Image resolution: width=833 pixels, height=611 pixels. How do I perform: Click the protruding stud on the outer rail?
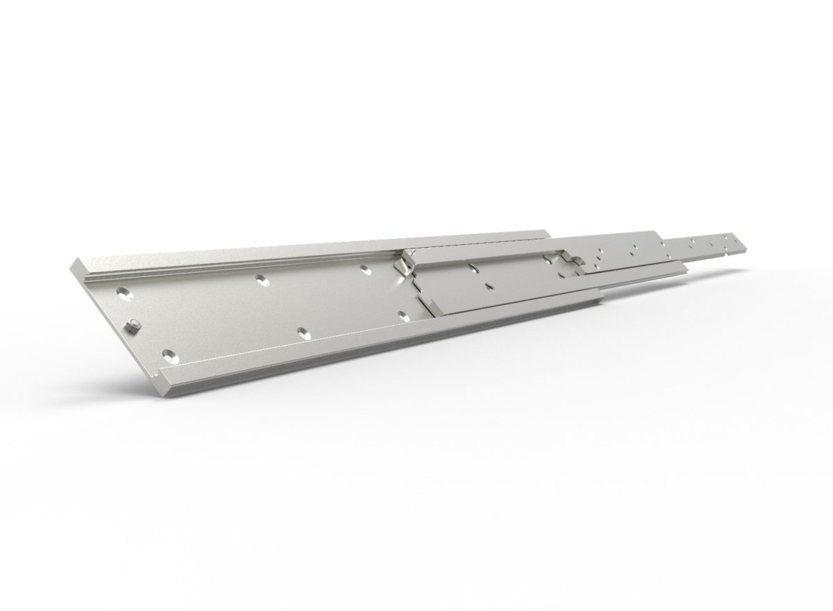click(133, 324)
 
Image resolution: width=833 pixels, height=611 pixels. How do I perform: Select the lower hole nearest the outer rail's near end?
click(169, 357)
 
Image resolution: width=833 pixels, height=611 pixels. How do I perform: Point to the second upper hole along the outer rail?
click(261, 278)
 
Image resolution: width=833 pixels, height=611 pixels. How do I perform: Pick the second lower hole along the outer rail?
click(301, 333)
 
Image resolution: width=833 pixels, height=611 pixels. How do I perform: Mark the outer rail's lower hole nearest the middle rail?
click(404, 316)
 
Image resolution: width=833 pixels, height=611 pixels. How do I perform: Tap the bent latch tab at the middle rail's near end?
click(402, 265)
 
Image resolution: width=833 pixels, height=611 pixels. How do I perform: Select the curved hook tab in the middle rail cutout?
click(572, 262)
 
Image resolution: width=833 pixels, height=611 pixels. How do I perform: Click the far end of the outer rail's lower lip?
click(601, 297)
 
